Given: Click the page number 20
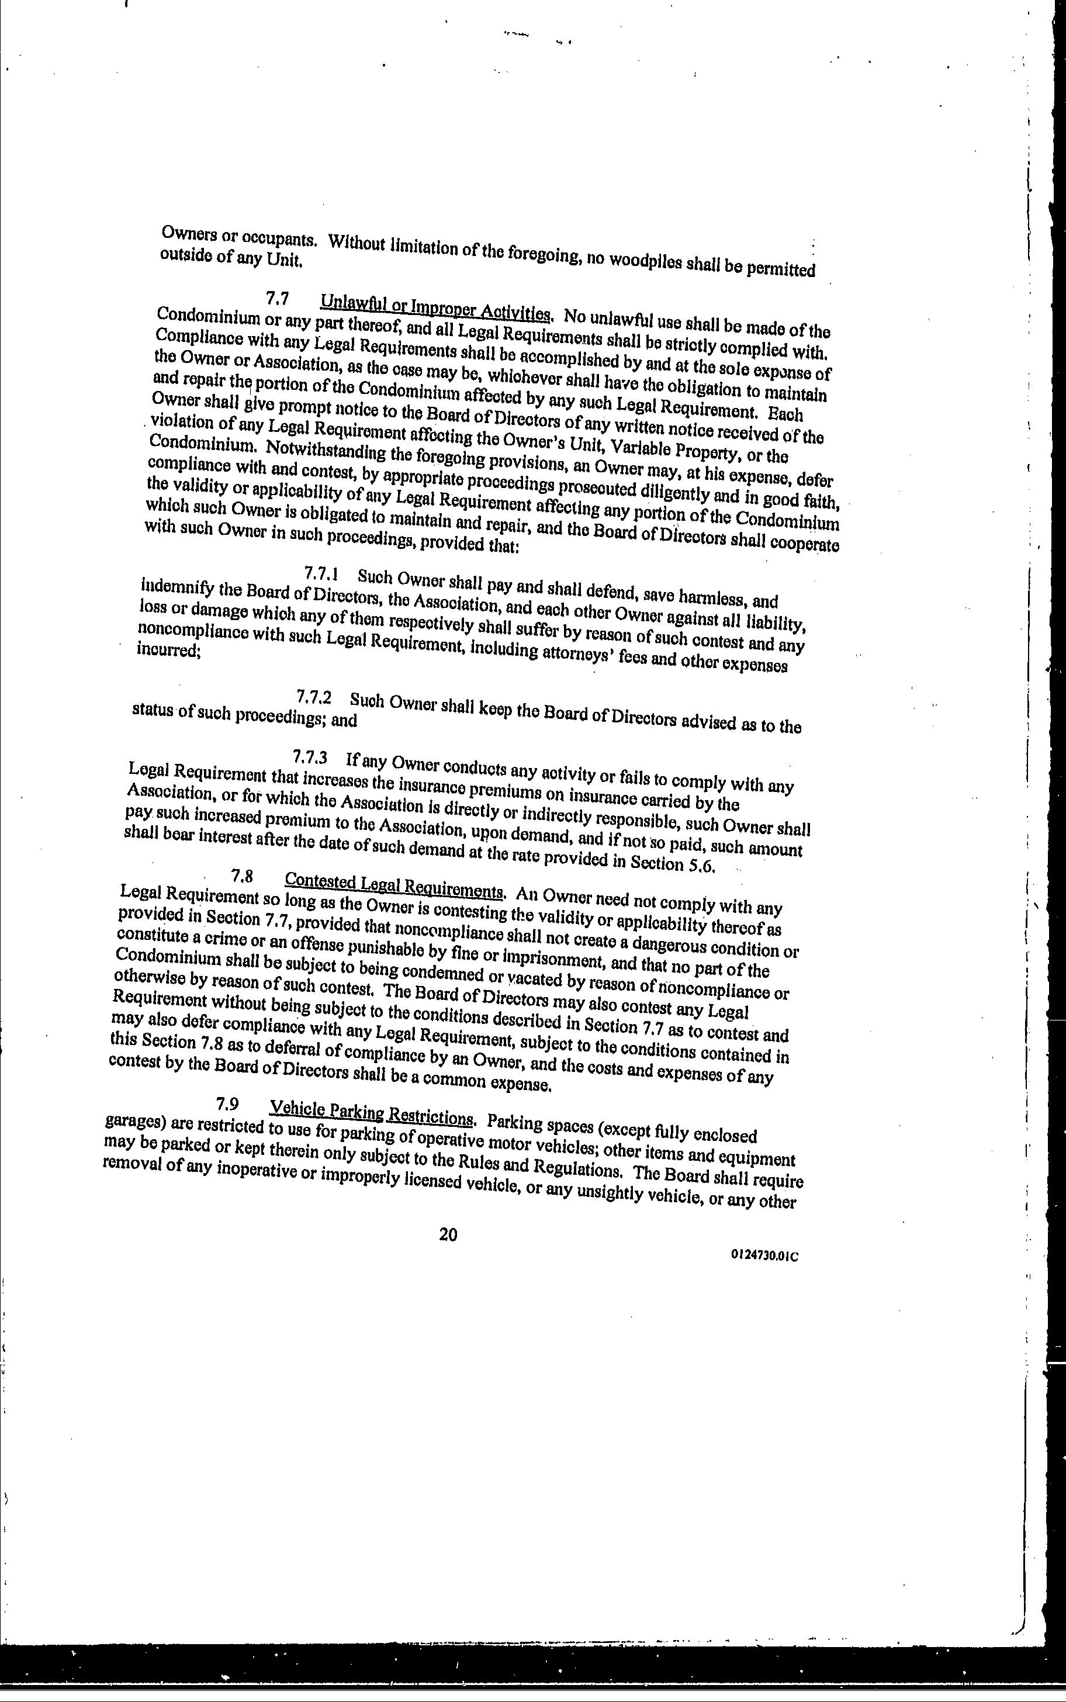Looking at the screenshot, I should (x=448, y=1234).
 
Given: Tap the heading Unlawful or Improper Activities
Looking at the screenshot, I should (x=435, y=308).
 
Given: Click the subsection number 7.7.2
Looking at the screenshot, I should (x=314, y=697).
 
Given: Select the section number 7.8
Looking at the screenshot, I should (x=242, y=876).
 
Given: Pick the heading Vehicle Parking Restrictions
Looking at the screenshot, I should (x=372, y=1113).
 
